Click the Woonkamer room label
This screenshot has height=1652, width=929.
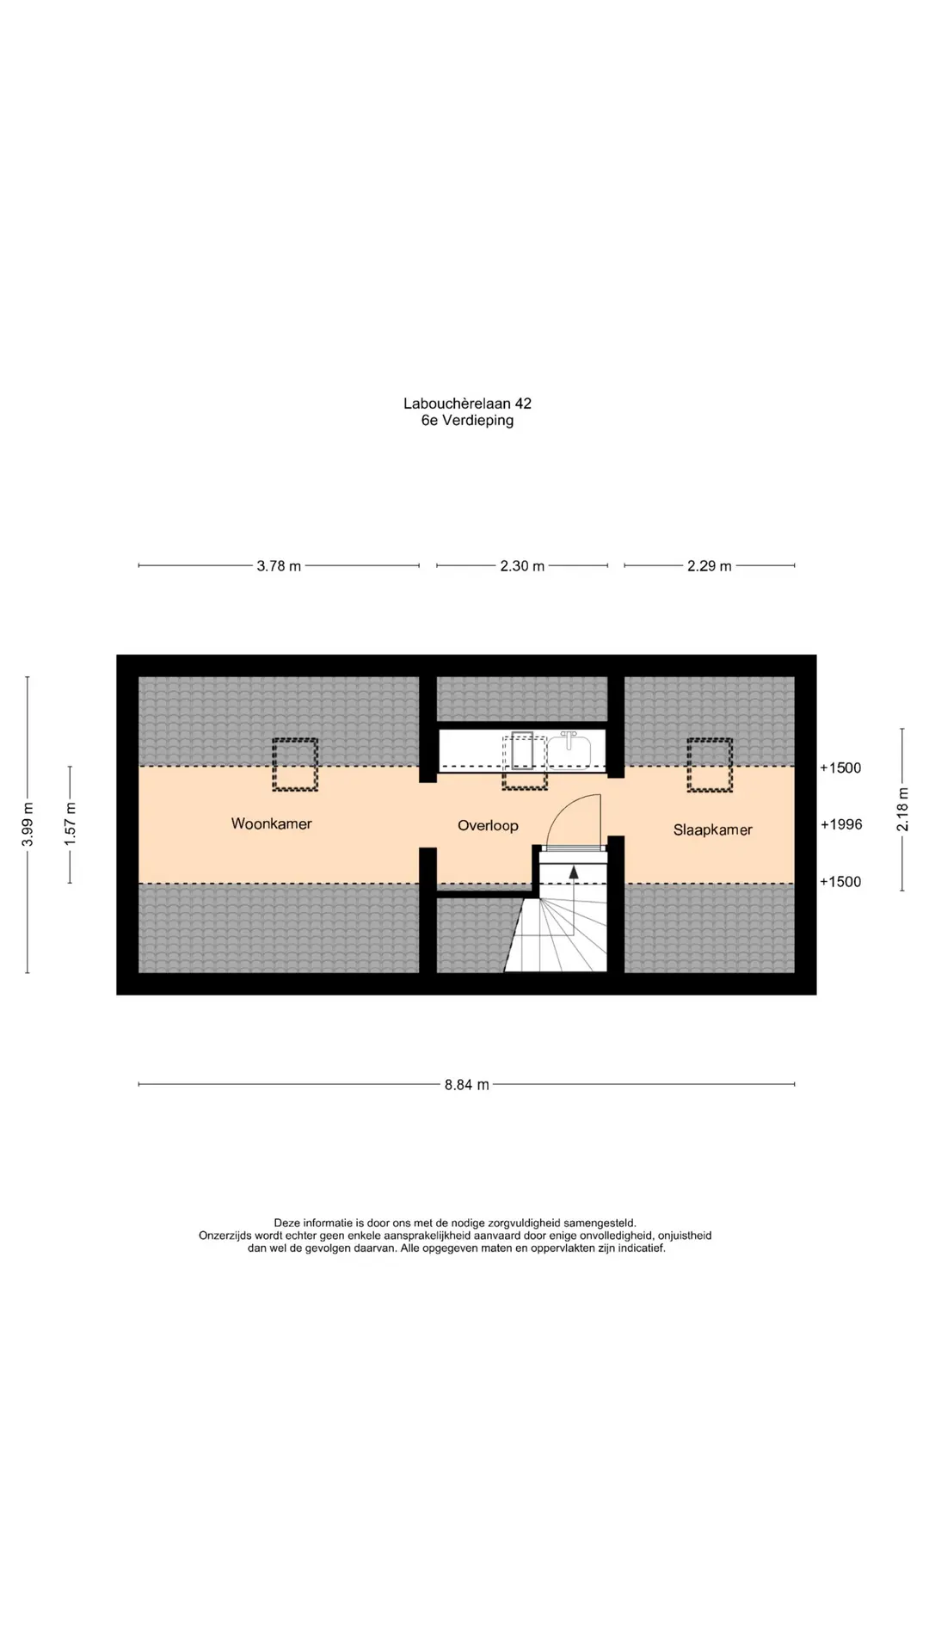(271, 823)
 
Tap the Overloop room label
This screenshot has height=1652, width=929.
(488, 826)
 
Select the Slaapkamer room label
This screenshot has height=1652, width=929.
(712, 830)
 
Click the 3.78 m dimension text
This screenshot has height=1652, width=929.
(279, 566)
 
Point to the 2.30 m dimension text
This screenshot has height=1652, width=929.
(522, 566)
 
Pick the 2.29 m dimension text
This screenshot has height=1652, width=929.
(709, 566)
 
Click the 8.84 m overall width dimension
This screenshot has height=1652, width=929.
(466, 1085)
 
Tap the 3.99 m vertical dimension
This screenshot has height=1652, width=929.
(28, 824)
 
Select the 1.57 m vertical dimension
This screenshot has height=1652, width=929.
(71, 824)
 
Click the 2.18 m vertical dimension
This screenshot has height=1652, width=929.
(902, 810)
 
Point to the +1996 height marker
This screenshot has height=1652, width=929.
(840, 824)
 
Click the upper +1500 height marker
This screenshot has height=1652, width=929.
(840, 768)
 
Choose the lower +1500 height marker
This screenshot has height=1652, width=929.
(840, 882)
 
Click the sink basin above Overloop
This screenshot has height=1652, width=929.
(569, 749)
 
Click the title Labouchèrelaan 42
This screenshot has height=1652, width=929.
(467, 404)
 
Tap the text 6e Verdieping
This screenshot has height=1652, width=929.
(467, 421)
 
